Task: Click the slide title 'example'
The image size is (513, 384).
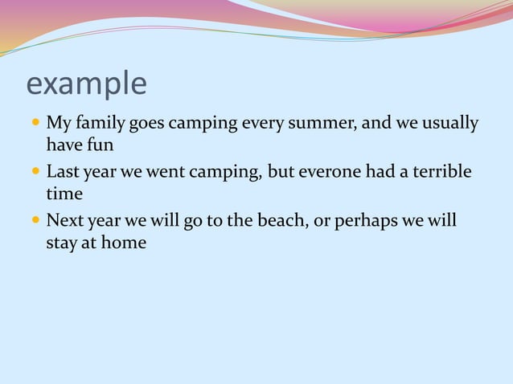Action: pyautogui.click(x=86, y=84)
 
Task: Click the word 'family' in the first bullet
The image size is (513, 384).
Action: pyautogui.click(x=101, y=125)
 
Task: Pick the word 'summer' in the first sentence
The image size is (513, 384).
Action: pyautogui.click(x=320, y=124)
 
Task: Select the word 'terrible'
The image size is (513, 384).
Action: pyautogui.click(x=441, y=172)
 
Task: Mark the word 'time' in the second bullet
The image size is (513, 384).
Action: pyautogui.click(x=64, y=194)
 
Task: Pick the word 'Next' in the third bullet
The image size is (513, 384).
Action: pyautogui.click(x=64, y=220)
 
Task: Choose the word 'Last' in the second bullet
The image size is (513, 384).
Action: pyautogui.click(x=63, y=172)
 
